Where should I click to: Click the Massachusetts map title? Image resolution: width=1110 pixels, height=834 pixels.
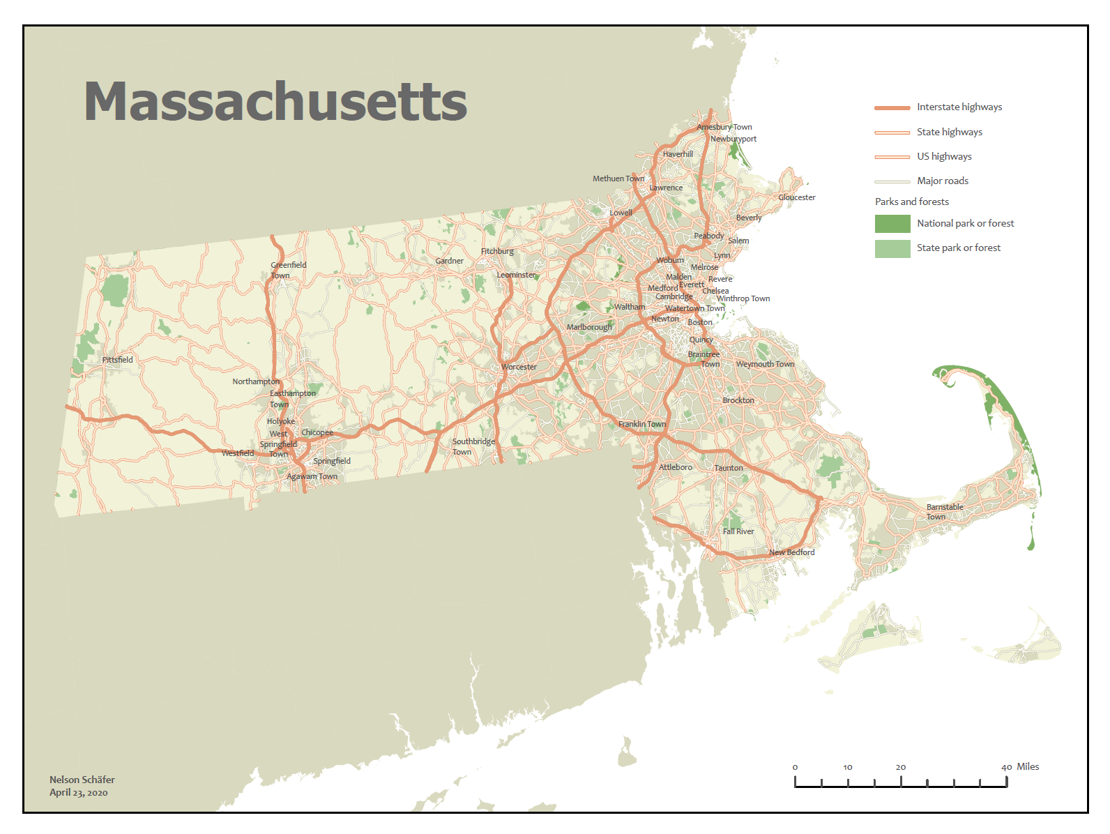(275, 102)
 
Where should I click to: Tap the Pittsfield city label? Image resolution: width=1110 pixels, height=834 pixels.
(117, 360)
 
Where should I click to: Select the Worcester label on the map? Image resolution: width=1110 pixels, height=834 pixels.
(519, 367)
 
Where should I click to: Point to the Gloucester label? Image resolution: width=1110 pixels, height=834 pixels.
(797, 197)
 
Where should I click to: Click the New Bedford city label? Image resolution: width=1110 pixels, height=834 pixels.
(791, 552)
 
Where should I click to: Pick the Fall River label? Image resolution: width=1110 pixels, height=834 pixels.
(738, 531)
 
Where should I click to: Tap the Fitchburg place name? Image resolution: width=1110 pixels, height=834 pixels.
(497, 251)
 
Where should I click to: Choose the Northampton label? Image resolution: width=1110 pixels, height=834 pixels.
(256, 381)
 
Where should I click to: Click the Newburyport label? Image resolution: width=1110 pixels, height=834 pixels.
(733, 139)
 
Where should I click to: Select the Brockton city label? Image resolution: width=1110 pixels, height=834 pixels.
(738, 400)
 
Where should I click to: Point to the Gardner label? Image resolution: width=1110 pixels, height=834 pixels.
(449, 261)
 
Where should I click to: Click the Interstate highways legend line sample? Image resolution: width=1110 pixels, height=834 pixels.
(892, 108)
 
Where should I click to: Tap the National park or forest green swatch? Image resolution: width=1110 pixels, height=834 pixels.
(892, 224)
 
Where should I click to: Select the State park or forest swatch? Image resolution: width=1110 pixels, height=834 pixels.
(892, 249)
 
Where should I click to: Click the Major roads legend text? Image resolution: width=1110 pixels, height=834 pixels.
(943, 181)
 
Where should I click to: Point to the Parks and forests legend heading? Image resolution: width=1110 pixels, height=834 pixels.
(912, 202)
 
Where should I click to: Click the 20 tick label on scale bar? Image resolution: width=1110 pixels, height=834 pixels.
(901, 767)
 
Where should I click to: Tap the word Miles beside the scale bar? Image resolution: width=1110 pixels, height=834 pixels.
(1028, 766)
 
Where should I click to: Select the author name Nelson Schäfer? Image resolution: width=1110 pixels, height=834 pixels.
(82, 780)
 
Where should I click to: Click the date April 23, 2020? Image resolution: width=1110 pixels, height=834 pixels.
(79, 792)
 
